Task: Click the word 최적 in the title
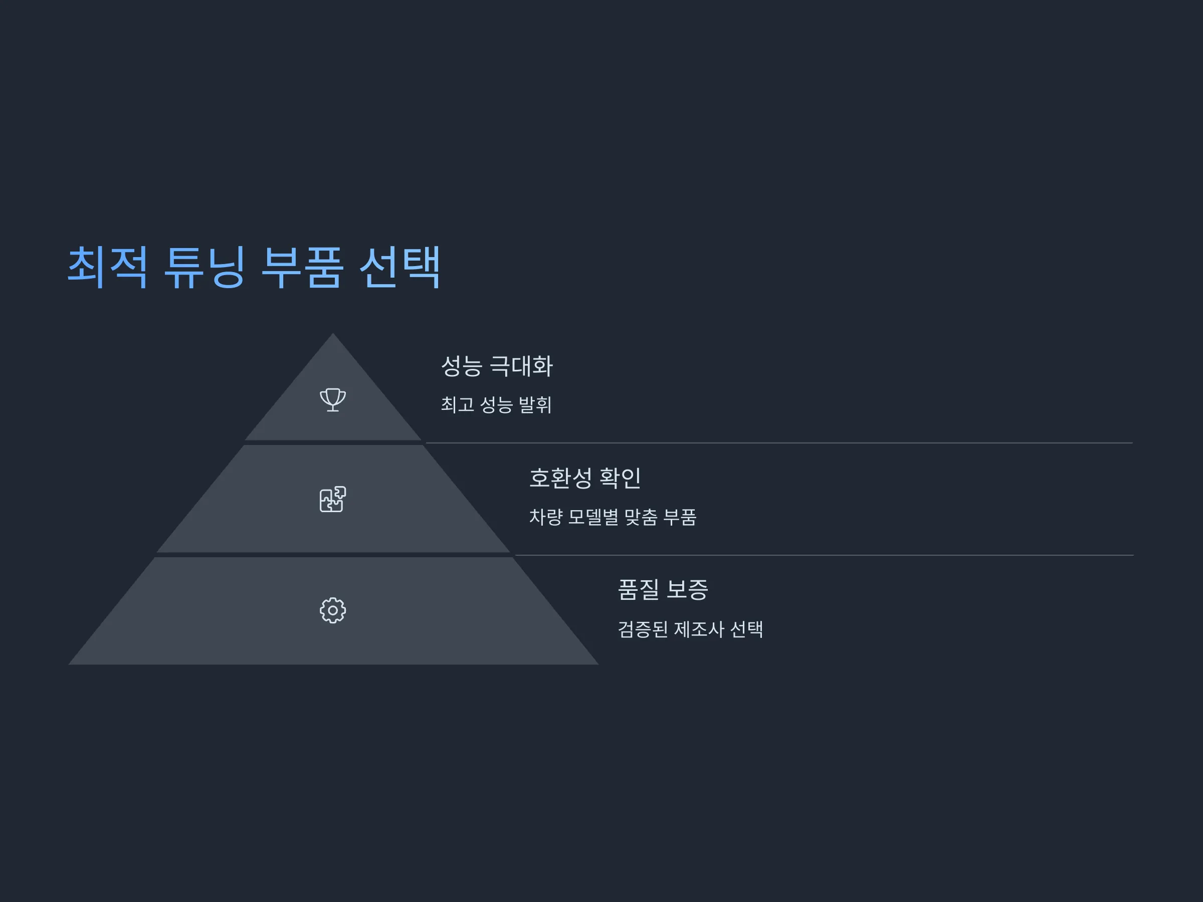[x=107, y=267]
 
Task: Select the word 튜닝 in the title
[x=205, y=267]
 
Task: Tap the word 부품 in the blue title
[x=302, y=267]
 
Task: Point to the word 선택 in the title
[x=399, y=267]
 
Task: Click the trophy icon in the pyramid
[x=333, y=399]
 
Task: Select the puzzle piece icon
[x=332, y=499]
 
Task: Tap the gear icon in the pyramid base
[x=333, y=610]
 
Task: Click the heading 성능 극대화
[x=497, y=366]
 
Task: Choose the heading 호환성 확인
[x=585, y=478]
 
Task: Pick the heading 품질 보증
[x=663, y=589]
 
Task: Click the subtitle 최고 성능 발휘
[x=496, y=404]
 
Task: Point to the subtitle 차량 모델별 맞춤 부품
[x=613, y=517]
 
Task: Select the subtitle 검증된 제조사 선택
[x=691, y=629]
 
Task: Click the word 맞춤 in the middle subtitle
[x=641, y=517]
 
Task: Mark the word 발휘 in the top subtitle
[x=535, y=404]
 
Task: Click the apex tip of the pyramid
[x=333, y=333]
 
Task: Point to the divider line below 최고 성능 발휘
[x=779, y=443]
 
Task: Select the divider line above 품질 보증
[x=824, y=555]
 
